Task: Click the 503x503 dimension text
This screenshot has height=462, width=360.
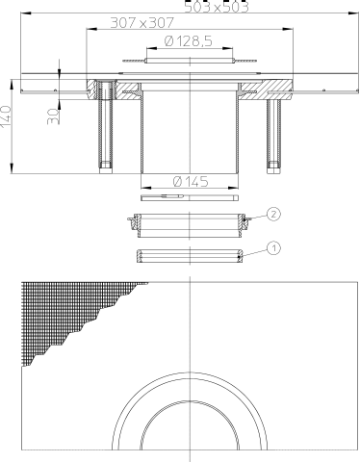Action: pos(217,7)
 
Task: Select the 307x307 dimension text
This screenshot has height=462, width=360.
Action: pos(141,23)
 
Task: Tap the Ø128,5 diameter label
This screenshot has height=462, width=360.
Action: pos(189,41)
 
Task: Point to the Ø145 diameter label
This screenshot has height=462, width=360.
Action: pos(191,182)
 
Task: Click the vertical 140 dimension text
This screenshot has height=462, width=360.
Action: pos(6,116)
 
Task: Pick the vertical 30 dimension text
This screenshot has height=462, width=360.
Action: pos(53,116)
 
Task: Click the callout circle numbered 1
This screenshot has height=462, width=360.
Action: pos(273,248)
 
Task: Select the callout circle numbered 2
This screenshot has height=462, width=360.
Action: pos(273,214)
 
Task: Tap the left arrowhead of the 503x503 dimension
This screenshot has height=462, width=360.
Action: pos(26,13)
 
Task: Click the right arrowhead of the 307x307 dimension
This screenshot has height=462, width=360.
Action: pos(288,29)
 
